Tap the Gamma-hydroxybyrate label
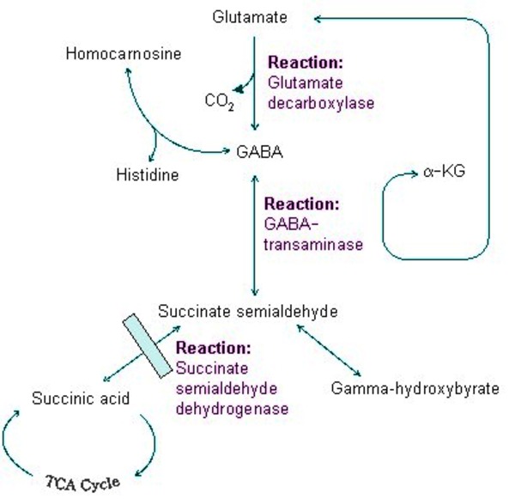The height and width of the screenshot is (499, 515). pyautogui.click(x=415, y=389)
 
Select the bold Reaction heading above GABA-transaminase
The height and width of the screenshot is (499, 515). pyautogui.click(x=301, y=204)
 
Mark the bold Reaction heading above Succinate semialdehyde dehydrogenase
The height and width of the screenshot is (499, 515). pyautogui.click(x=214, y=349)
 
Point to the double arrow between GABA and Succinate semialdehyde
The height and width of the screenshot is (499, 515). pyautogui.click(x=254, y=232)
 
